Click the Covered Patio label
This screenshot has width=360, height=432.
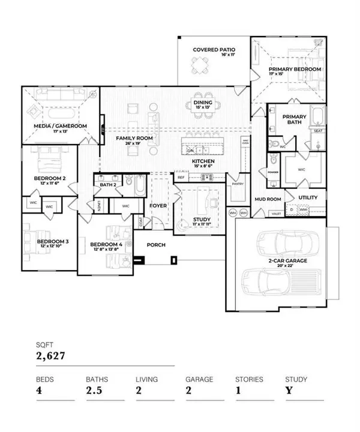coord(214,49)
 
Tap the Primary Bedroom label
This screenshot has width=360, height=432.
coord(295,70)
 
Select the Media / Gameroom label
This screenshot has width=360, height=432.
coord(60,126)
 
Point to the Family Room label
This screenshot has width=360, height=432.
coord(134,138)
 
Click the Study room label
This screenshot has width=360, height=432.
coord(201,220)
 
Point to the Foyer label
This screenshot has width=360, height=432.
coord(158,205)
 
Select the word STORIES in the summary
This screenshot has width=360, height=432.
coord(248,379)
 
